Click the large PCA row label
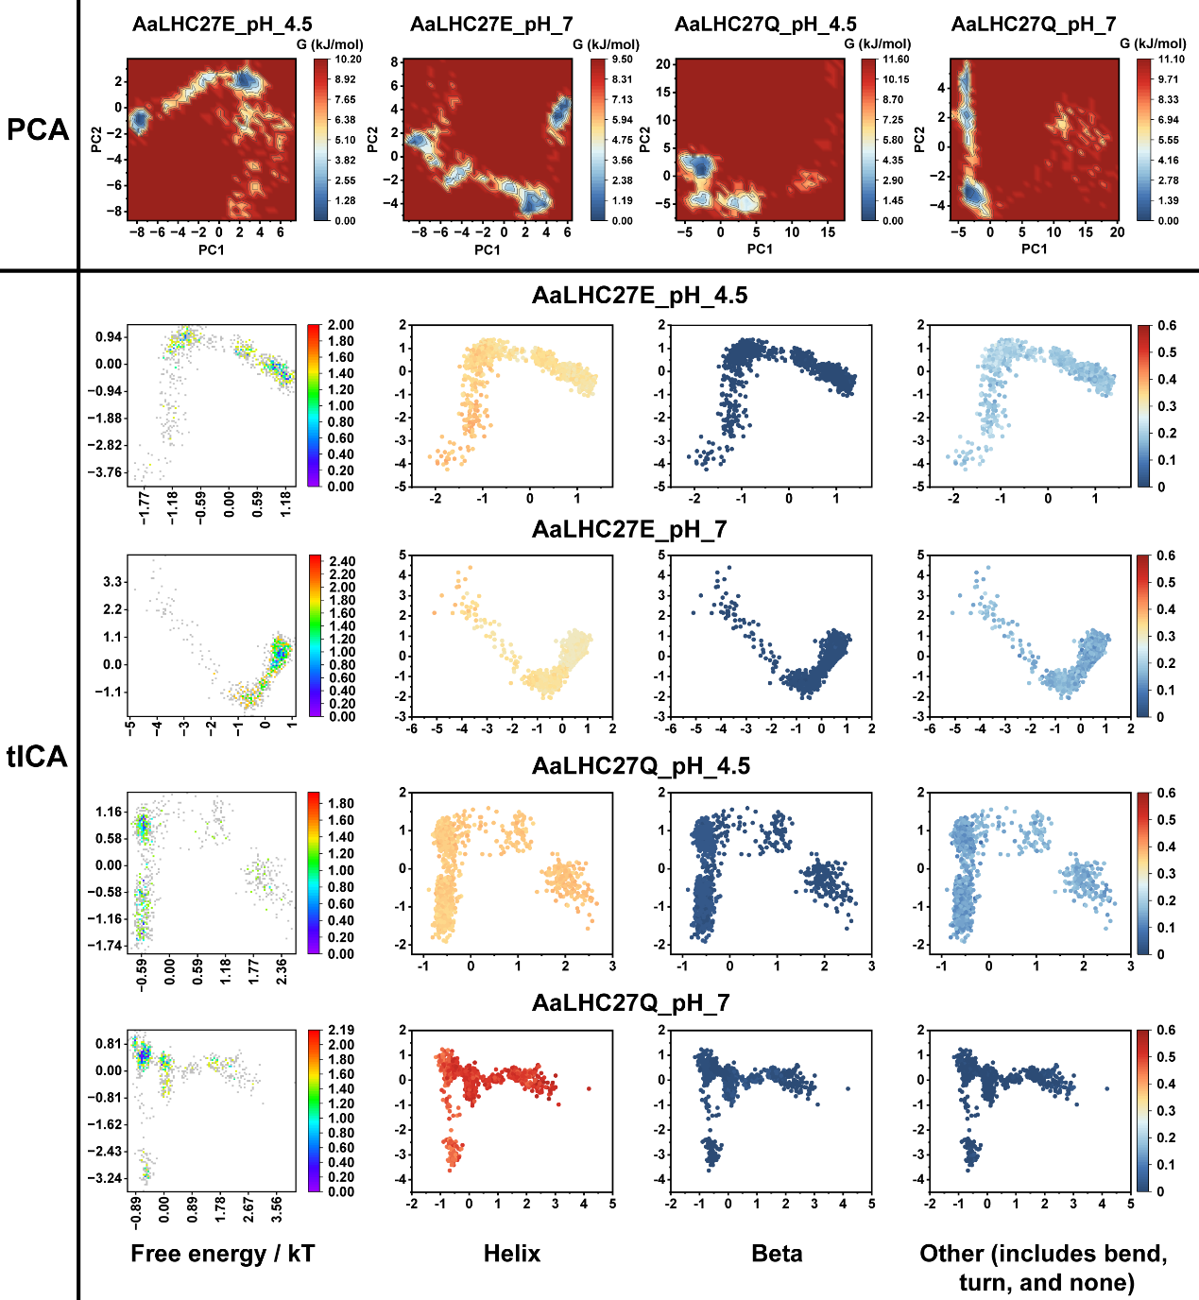tap(38, 129)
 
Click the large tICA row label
tap(38, 756)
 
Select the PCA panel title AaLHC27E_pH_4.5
tap(222, 24)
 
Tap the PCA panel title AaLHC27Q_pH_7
tap(1034, 24)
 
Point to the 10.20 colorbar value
tap(348, 59)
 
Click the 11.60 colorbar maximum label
tap(896, 59)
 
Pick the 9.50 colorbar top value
tap(622, 59)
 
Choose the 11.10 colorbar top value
tap(1171, 59)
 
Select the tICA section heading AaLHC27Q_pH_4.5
tap(641, 765)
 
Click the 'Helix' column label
tap(512, 1254)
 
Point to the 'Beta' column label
tap(777, 1254)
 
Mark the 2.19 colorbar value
tap(341, 1030)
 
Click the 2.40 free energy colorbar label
tap(342, 561)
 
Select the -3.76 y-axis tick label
tap(109, 472)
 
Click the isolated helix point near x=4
tap(589, 1088)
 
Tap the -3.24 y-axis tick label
tap(109, 1178)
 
